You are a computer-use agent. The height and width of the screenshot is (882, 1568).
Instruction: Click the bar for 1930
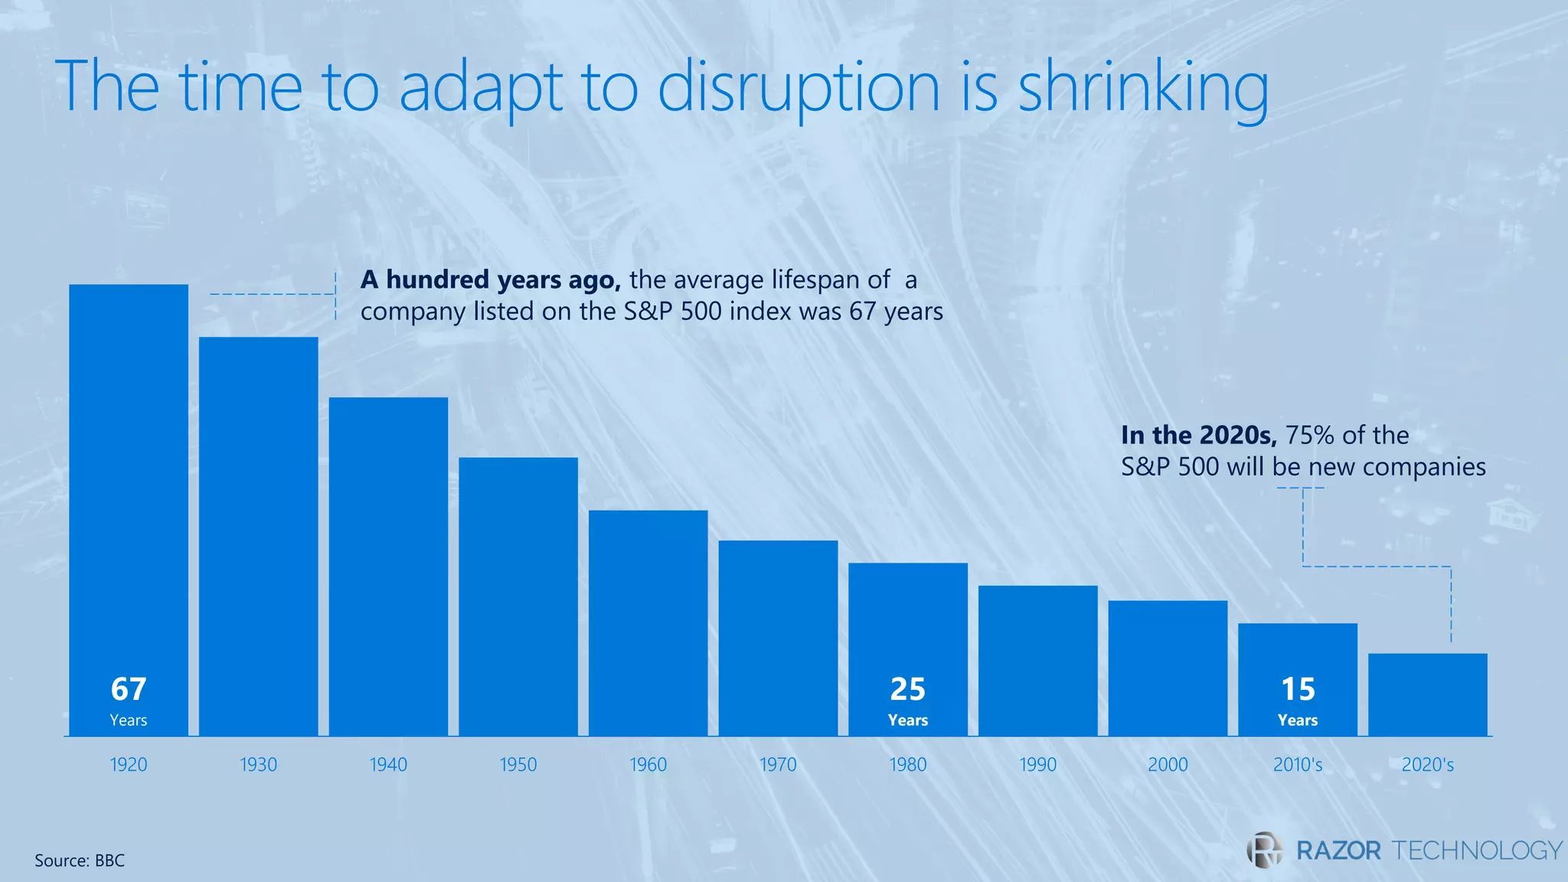coord(258,536)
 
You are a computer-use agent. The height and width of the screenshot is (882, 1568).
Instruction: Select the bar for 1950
coord(518,596)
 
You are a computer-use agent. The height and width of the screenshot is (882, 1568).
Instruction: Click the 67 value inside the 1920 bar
coord(129,689)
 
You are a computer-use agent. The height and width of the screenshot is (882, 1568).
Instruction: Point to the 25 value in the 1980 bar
coord(908,689)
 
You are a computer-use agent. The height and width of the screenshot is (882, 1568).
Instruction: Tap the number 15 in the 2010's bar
coord(1298,689)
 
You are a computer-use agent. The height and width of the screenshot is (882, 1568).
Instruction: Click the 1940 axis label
coord(388,764)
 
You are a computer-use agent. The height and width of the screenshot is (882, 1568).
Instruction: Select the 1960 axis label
coord(648,764)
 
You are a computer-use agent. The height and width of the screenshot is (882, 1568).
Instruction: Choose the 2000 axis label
coord(1168,764)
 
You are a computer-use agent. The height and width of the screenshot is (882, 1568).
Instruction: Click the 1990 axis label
coord(1037,764)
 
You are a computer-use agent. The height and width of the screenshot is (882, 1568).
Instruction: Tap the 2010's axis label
coord(1298,764)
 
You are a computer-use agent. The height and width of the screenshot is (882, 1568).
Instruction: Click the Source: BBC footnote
coord(80,861)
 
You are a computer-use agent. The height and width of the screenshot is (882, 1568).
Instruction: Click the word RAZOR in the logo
coord(1338,850)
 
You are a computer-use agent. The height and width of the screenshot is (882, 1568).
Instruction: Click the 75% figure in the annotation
coord(1309,435)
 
